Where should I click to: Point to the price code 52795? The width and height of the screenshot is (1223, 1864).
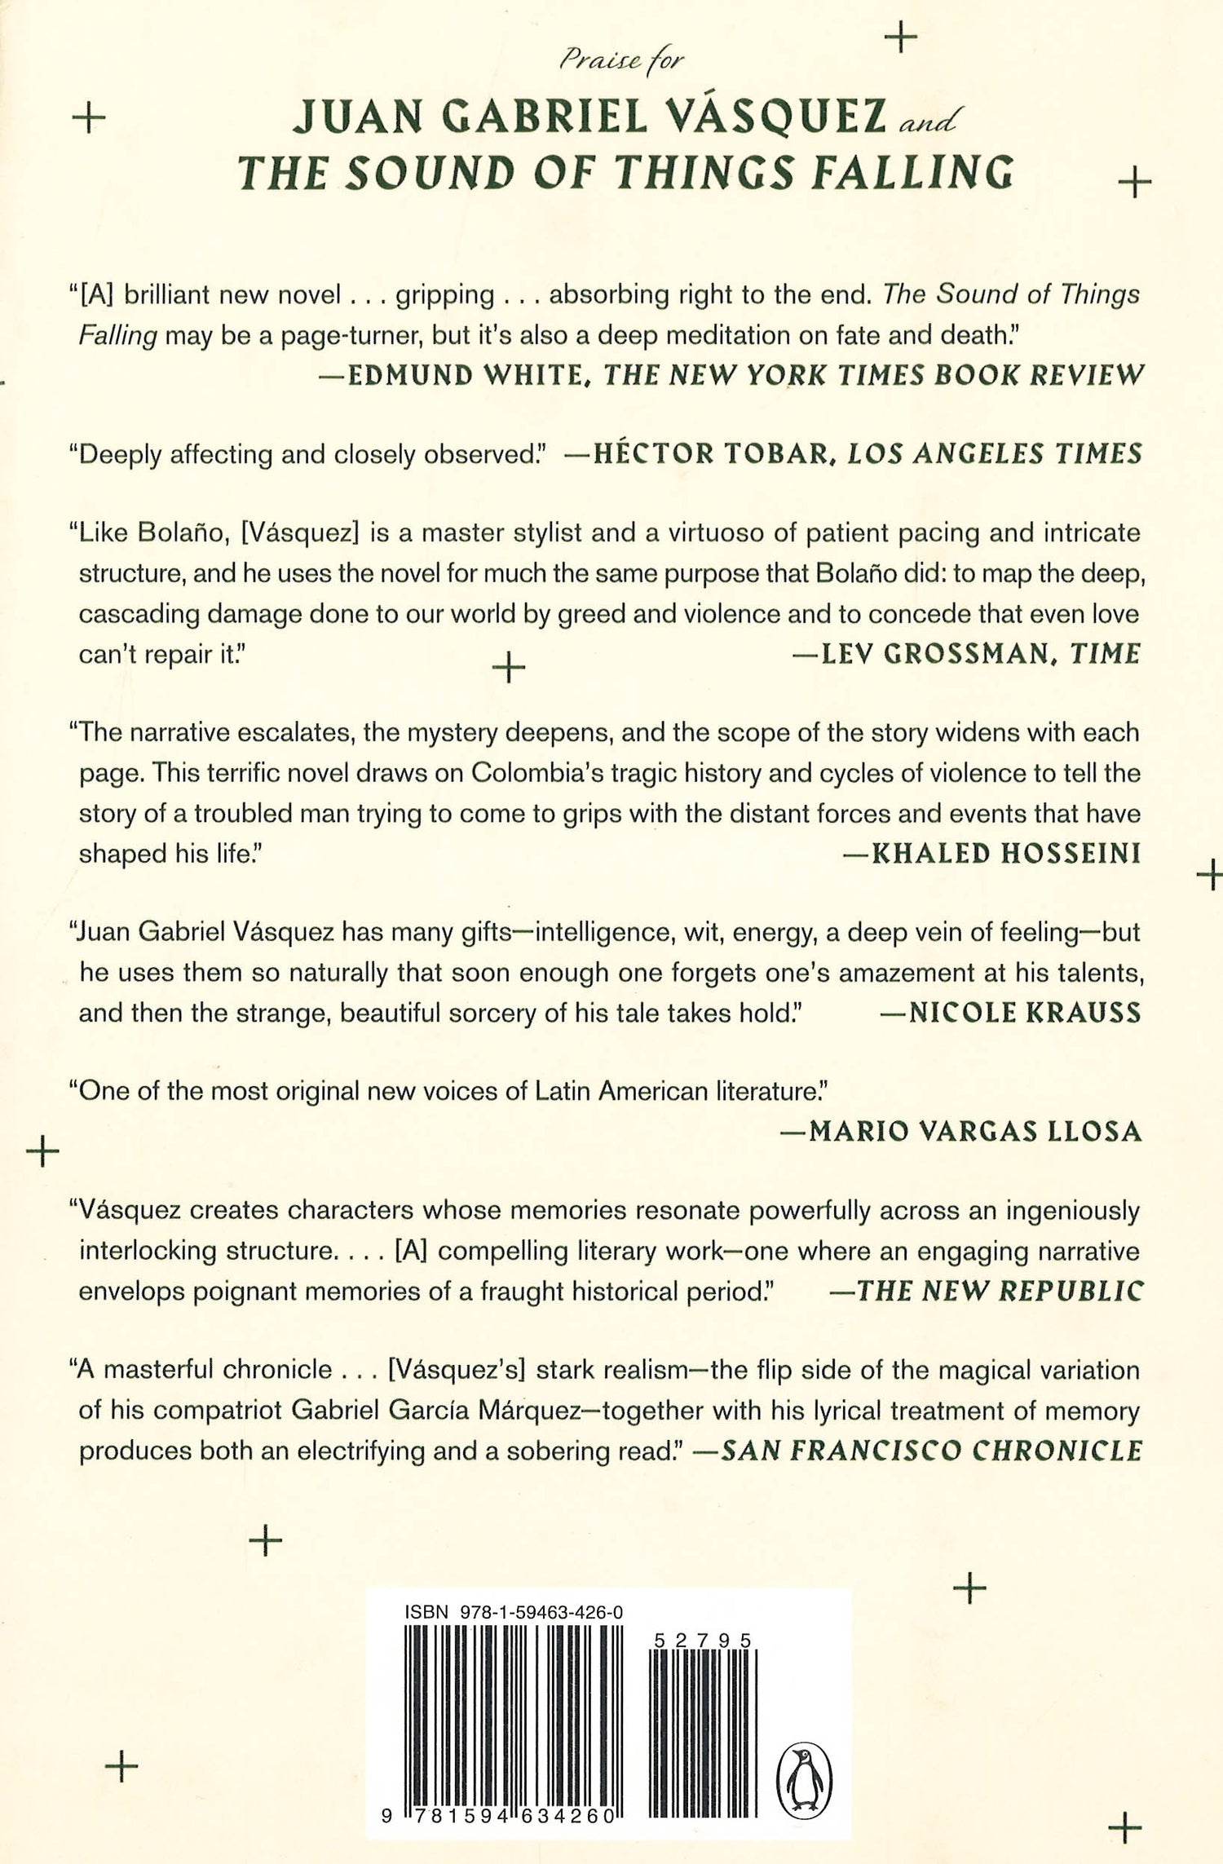point(702,1641)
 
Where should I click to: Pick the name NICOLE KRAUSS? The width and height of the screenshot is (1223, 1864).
point(1025,1013)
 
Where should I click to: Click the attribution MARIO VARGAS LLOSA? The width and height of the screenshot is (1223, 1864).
point(975,1131)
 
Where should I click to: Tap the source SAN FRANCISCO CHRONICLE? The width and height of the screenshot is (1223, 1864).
point(932,1451)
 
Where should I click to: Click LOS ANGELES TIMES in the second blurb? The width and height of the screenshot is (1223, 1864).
point(995,453)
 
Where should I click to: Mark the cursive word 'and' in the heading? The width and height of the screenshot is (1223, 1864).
point(928,122)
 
